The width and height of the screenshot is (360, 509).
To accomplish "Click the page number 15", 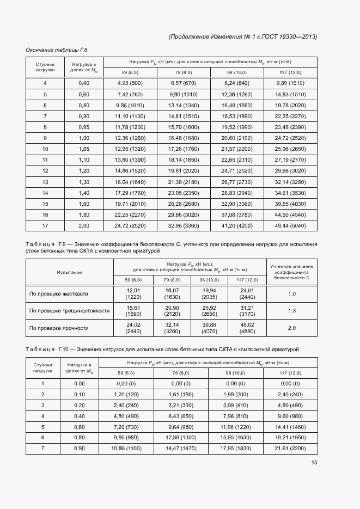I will (314, 463).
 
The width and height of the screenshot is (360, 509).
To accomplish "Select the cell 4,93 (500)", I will (130, 83).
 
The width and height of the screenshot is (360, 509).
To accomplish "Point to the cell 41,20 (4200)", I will (236, 226).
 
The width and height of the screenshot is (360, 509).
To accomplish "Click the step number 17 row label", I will (45, 226).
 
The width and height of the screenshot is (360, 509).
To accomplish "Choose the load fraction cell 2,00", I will (83, 226).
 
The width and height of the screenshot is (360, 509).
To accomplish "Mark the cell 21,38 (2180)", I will (183, 182).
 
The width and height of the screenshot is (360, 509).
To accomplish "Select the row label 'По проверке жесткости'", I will (58, 294).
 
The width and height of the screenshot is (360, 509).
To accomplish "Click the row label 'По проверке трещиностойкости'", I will (69, 311).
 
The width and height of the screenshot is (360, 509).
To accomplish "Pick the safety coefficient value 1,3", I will (291, 311).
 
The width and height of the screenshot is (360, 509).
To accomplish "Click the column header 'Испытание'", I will (69, 272).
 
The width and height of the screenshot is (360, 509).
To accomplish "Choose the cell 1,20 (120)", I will (126, 394).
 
